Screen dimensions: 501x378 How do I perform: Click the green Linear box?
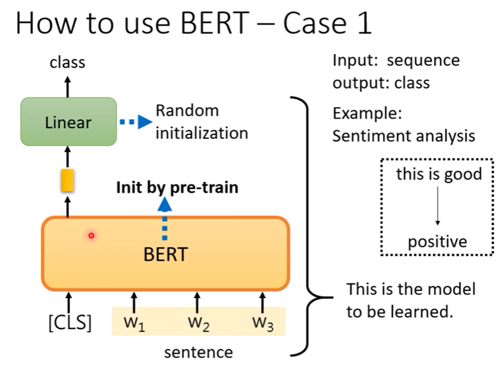coord(69,122)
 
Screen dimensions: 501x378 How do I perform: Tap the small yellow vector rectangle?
coord(67,180)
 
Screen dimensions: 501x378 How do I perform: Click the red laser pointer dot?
coord(91,235)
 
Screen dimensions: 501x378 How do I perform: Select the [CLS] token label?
coord(70,322)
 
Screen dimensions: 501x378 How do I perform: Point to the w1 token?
coord(135,323)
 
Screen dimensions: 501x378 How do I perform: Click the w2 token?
coord(199,323)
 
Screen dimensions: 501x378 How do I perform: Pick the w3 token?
coord(263,323)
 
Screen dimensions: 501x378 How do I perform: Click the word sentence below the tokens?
coord(198,353)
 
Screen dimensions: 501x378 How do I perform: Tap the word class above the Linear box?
coord(67,62)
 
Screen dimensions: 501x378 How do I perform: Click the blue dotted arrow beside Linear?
coord(136,122)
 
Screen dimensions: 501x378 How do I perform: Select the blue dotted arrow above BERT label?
coord(164,218)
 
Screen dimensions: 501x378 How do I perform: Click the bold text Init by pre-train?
coord(177,187)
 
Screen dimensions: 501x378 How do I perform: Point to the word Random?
coord(187,111)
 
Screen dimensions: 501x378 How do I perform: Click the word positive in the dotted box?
coord(438,242)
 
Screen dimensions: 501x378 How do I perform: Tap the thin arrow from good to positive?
coord(438,206)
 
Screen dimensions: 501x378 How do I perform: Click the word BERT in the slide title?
coord(215,23)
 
